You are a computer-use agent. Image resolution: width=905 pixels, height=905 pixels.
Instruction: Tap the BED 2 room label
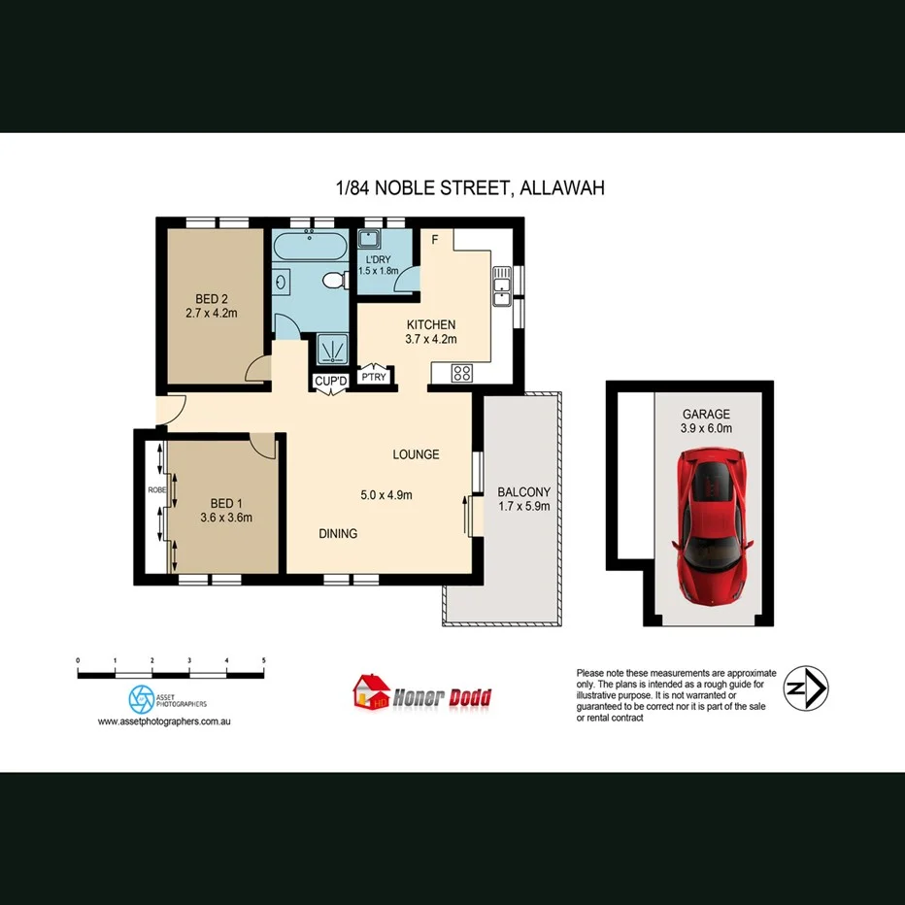tap(212, 298)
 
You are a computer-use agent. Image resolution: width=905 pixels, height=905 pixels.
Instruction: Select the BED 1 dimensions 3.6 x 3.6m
tap(225, 518)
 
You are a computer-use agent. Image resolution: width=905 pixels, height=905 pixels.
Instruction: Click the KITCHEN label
tap(430, 324)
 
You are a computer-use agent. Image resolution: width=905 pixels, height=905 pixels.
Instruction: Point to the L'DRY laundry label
tap(377, 259)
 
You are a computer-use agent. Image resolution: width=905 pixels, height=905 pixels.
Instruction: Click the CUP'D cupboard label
tap(330, 381)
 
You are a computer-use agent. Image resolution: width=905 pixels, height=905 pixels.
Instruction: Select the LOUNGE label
tap(416, 453)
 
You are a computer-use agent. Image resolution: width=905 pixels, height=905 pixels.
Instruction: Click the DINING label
tap(338, 533)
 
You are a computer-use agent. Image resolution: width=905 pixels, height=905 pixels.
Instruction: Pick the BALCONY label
tap(523, 491)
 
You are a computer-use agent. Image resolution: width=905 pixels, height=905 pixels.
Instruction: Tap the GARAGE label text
tap(706, 414)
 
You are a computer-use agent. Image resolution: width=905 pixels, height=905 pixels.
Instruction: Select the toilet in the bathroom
tap(334, 282)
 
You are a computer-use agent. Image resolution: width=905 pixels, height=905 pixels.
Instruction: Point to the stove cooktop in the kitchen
tap(462, 371)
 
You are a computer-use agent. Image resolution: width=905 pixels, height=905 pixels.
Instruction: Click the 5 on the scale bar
tap(263, 660)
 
